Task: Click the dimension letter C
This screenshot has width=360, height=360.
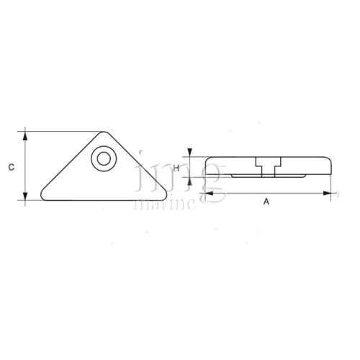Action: pyautogui.click(x=11, y=167)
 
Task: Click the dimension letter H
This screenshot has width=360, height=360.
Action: pyautogui.click(x=176, y=166)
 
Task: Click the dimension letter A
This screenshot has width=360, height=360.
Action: pyautogui.click(x=266, y=202)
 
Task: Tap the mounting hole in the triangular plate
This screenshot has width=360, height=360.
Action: pyautogui.click(x=104, y=158)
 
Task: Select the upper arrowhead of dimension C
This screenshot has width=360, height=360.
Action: pyautogui.click(x=26, y=135)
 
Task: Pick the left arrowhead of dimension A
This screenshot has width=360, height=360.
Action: pyautogui.click(x=204, y=193)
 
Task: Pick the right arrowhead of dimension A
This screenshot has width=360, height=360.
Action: pyautogui.click(x=332, y=193)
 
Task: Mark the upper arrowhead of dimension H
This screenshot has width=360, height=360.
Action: pyautogui.click(x=189, y=152)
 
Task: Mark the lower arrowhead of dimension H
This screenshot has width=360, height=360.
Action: pyautogui.click(x=189, y=180)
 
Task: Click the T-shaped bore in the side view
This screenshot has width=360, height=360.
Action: pyautogui.click(x=265, y=163)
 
